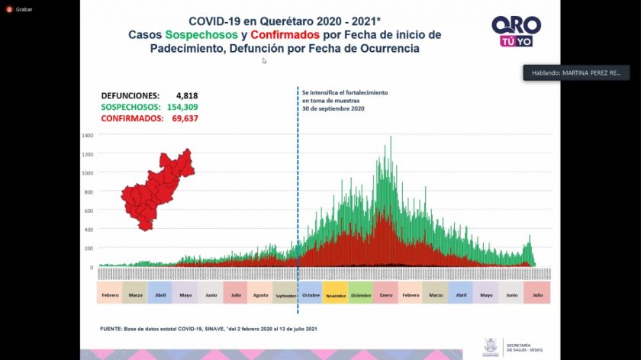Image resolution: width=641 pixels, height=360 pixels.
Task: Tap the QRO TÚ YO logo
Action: tap(516, 31)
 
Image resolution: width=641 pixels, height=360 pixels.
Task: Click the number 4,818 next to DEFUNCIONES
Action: tap(186, 95)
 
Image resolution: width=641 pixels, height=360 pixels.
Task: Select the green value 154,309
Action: tap(182, 107)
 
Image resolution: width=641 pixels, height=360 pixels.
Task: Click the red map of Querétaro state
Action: tap(157, 190)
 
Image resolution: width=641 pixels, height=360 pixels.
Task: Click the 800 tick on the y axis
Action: tap(89, 191)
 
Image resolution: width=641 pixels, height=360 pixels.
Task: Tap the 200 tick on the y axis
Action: tap(89, 249)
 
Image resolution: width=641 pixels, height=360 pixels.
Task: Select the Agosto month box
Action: tap(260, 294)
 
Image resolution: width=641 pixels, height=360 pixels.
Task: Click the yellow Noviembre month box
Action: tap(335, 294)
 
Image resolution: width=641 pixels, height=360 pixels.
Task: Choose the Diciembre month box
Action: tap(360, 294)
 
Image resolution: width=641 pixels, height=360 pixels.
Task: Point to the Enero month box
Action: tap(385, 294)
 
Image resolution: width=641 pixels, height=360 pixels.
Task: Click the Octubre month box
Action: tap(310, 294)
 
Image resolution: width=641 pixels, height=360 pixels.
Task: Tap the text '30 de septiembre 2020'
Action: tap(333, 108)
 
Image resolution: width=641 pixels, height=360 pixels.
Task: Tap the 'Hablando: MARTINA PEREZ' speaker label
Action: tap(577, 72)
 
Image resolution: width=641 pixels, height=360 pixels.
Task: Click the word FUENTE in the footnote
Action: tap(112, 328)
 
